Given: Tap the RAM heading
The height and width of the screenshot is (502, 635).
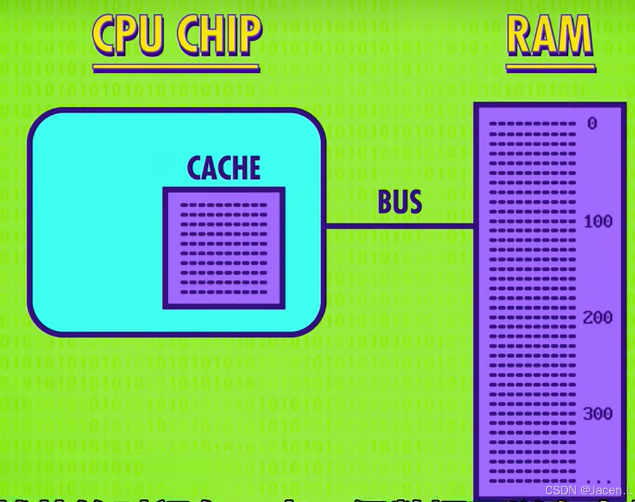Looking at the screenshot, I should coord(550,35).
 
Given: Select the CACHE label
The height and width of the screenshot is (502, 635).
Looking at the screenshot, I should coord(224,168).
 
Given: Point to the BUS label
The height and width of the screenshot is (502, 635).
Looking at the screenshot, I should coord(399,202).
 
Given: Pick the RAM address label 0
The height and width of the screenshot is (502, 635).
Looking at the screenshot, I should coord(592,124).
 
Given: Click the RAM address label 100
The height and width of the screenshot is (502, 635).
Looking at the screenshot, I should coord(597,222).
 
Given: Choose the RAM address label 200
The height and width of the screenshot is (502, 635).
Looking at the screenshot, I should coord(597,318).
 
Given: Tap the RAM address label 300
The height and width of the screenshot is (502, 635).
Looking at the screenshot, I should coord(597,414).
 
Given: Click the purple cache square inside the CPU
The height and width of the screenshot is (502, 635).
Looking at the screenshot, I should coord(224,248).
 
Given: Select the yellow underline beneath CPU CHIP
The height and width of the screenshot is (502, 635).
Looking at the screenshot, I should coord(176,67).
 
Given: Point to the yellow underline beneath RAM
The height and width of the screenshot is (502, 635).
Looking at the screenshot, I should coord(550,67).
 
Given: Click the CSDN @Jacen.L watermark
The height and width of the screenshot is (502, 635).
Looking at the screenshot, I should coord(588,490).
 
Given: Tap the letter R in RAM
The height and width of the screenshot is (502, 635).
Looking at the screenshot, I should coord(521,35).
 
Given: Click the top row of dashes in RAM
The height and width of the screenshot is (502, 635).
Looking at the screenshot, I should coord(533,124).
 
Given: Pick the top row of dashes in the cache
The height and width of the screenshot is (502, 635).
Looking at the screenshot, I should coord(224,205).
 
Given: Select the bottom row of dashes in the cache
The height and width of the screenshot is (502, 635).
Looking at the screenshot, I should coord(224,292).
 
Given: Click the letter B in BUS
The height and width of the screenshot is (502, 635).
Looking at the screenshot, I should coord(385,202).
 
